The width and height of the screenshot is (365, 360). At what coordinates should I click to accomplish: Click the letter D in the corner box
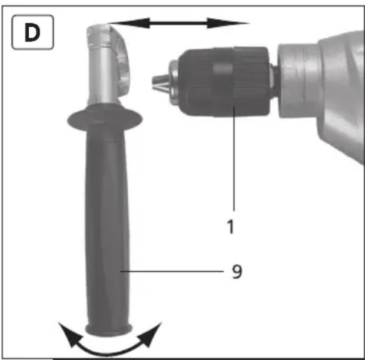point(32,32)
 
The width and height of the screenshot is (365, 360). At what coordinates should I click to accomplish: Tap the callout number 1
point(230,226)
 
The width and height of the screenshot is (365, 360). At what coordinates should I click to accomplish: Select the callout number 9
point(237,271)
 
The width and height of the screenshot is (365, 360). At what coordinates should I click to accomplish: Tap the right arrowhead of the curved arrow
point(150,334)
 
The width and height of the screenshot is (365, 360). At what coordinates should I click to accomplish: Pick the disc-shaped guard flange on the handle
point(105,119)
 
